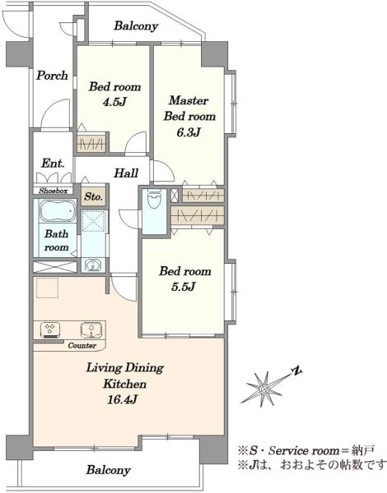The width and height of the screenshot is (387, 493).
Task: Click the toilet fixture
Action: point(154,198)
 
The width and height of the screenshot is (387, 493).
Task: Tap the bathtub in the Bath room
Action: point(57,210)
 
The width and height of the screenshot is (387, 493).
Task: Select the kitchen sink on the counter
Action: point(91,330)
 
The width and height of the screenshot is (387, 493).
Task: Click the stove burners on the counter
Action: point(50,330)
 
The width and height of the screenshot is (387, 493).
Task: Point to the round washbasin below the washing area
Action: point(93,265)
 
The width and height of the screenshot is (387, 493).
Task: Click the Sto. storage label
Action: point(93,197)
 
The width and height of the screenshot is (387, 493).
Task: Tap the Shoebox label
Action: point(54,191)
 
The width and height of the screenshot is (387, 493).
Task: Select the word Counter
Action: point(82,346)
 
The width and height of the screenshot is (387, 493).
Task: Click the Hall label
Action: point(126,173)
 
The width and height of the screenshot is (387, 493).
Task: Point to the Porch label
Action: point(52,76)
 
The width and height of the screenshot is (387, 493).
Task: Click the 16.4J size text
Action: point(122,399)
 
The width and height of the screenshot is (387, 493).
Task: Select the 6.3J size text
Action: point(188,132)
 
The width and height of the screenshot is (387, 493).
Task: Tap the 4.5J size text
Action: point(114,102)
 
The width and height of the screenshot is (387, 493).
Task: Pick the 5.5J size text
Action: point(184,287)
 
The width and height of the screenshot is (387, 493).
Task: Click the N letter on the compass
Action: point(296,371)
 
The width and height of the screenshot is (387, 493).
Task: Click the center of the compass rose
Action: point(264,389)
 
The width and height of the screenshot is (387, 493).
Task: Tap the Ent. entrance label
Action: point(53,164)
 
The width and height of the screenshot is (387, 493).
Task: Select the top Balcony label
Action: point(136,25)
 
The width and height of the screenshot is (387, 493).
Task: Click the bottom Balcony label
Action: point(108,470)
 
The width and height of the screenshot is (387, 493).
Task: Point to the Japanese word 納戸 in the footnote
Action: point(363,450)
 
